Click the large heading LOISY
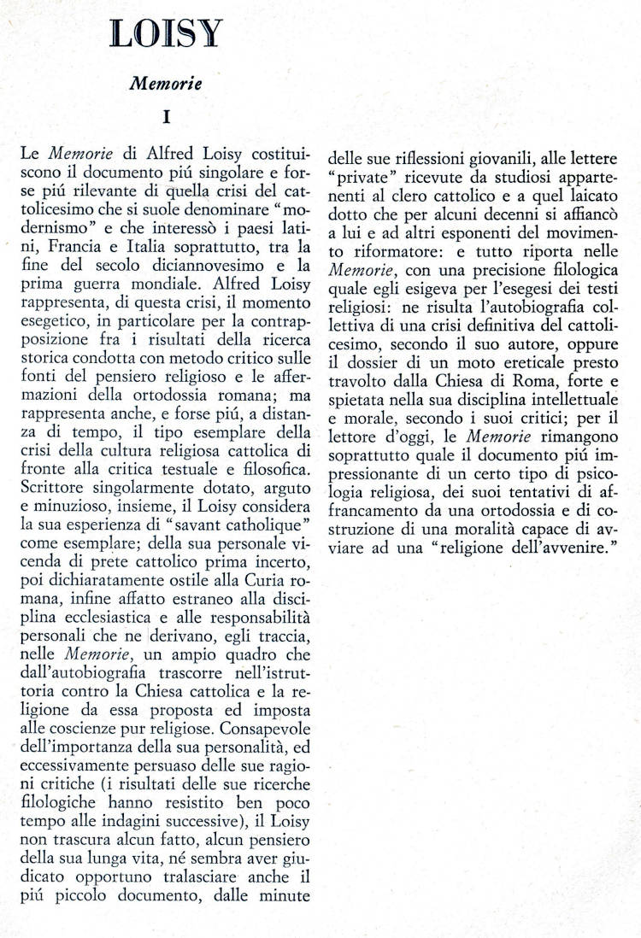166,34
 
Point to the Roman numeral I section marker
166,116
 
